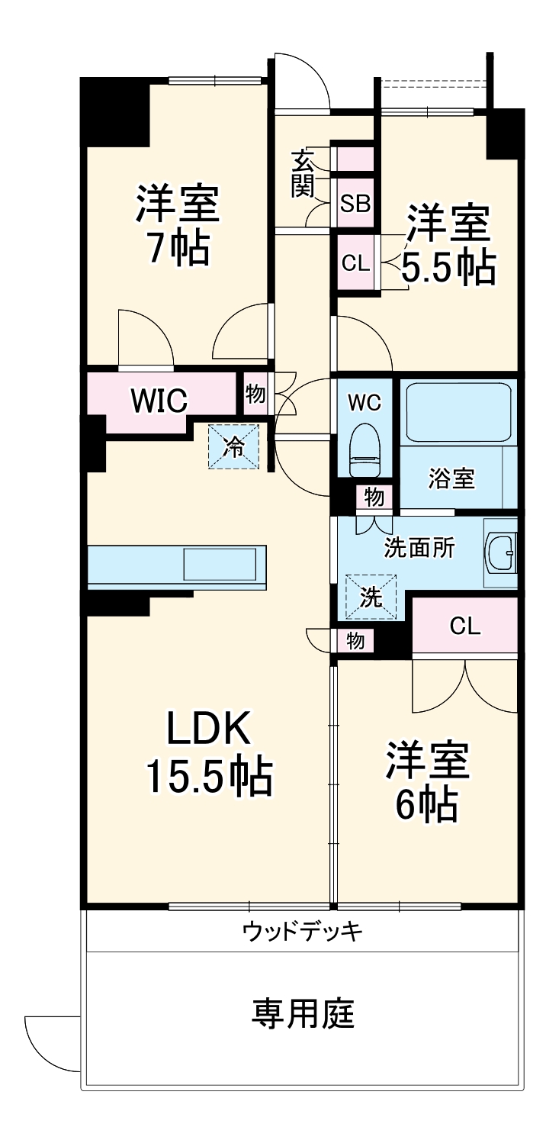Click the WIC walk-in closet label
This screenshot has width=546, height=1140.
click(x=159, y=399)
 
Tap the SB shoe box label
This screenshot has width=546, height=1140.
click(x=355, y=204)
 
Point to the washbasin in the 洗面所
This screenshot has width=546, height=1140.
click(x=500, y=551)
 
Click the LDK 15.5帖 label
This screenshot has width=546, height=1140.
click(x=207, y=754)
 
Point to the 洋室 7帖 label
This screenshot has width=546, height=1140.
click(x=178, y=225)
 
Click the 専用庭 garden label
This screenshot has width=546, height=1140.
click(x=303, y=1013)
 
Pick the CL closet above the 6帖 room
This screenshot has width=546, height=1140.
click(x=464, y=626)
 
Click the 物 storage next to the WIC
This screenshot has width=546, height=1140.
click(x=255, y=394)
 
